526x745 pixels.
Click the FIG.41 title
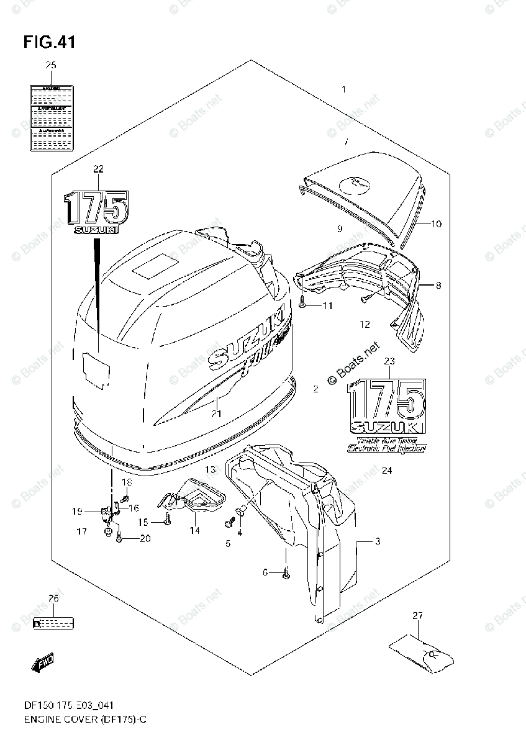coord(49,42)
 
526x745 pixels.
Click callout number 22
coord(98,169)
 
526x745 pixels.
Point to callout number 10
coord(436,224)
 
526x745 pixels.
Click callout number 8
coord(438,286)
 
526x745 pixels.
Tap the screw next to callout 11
coord(302,305)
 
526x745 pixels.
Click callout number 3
coord(377,541)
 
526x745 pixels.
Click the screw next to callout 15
coord(167,521)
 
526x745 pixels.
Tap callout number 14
coord(195,530)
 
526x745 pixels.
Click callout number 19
coord(77,512)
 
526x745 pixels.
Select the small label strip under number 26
coord(53,621)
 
